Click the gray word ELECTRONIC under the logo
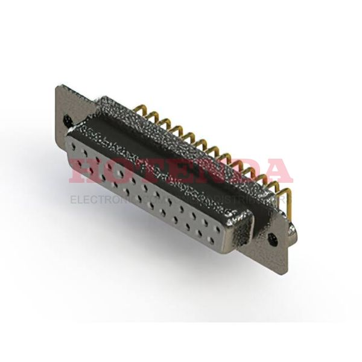(x=103, y=198)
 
